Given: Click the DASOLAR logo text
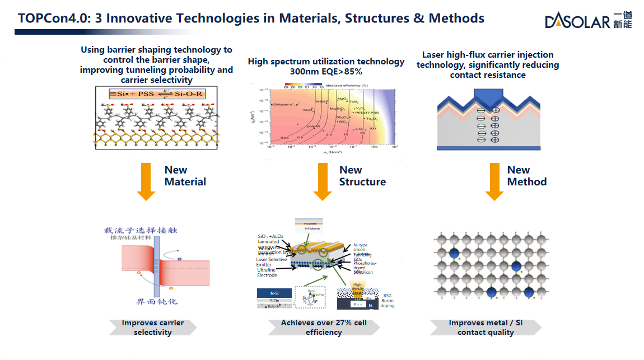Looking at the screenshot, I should [577, 21].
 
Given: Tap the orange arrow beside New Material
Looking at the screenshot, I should [146, 181].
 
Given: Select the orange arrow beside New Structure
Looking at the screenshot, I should [323, 181].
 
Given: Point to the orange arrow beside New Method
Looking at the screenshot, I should [494, 181].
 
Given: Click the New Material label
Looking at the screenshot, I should [185, 176].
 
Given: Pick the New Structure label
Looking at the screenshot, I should [362, 176].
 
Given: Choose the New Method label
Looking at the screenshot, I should [526, 176].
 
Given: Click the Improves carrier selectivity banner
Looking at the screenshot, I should [152, 328].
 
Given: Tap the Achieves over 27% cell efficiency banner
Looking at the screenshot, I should [323, 328].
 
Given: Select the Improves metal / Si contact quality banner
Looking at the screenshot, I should [485, 328].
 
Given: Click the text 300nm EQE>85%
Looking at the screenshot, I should [326, 72].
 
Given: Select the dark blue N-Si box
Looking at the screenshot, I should [274, 292].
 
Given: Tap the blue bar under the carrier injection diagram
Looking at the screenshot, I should [489, 148].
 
